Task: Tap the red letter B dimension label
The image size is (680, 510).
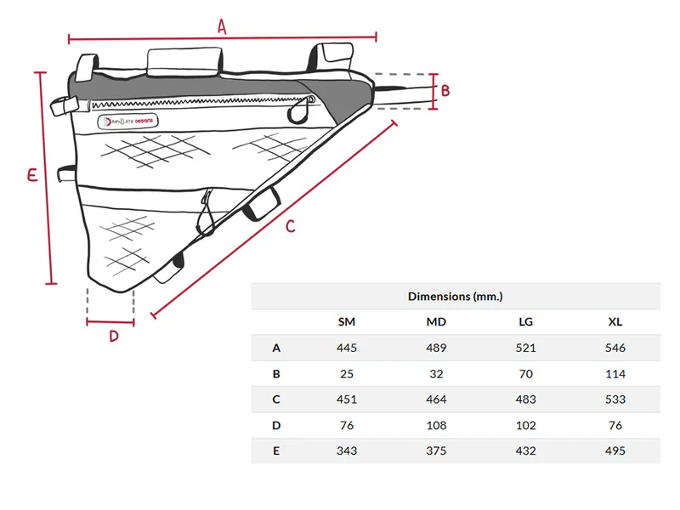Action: [x=445, y=90]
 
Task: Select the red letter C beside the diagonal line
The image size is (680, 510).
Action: [x=290, y=227]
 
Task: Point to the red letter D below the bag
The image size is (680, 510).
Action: [x=113, y=336]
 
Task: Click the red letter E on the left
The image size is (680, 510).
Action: [x=31, y=176]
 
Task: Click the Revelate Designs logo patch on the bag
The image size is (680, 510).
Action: [x=129, y=122]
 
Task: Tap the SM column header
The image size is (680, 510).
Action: [x=347, y=322]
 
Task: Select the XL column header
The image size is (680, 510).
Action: [x=615, y=322]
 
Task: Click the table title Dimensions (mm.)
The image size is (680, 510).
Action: [x=456, y=296]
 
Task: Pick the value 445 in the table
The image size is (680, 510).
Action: [x=347, y=348]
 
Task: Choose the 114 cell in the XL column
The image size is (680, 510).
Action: [x=615, y=374]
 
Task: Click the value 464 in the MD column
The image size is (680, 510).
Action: [x=436, y=399]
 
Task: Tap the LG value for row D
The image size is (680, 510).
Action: [x=526, y=425]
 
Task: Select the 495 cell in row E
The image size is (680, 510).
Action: [x=615, y=450]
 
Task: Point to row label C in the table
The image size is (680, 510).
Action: [x=276, y=399]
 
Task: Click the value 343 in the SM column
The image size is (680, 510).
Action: [x=347, y=450]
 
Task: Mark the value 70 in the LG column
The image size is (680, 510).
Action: [x=526, y=374]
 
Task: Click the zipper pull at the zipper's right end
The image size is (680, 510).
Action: [x=300, y=109]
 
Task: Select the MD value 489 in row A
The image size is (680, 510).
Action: [x=436, y=348]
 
